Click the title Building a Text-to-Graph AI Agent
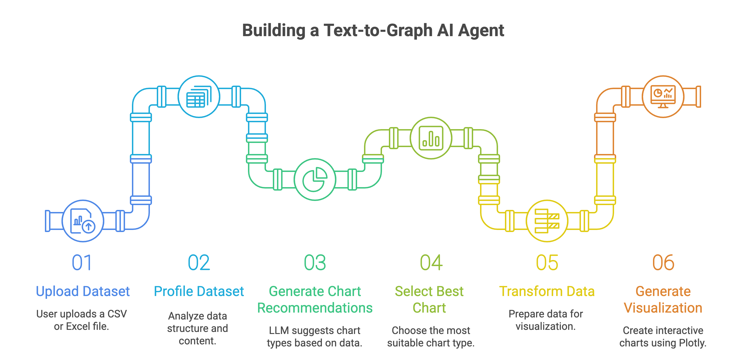click(373, 30)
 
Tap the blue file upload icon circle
click(83, 221)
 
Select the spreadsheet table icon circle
click(199, 96)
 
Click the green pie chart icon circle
click(315, 179)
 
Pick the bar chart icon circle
click(431, 138)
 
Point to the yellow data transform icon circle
click(547, 221)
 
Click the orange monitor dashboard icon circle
click(663, 96)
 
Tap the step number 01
click(82, 263)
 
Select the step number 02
click(199, 263)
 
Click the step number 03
click(315, 263)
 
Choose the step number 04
click(431, 263)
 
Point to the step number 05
click(547, 263)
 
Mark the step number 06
click(663, 263)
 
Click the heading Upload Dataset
click(83, 291)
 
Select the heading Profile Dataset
click(199, 291)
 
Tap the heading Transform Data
click(547, 291)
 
